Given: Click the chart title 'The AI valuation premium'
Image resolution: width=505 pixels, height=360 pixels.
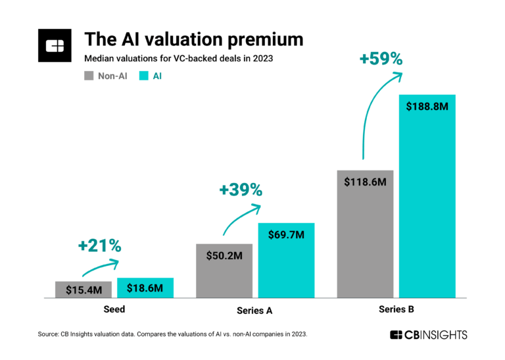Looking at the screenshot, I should (194, 39).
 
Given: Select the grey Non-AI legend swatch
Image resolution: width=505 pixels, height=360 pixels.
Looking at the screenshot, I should (91, 76).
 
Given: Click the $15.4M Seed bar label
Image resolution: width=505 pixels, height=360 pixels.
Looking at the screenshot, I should (84, 288).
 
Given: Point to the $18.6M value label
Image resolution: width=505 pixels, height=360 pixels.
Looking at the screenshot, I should (145, 288).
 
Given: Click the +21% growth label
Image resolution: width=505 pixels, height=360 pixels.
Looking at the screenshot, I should (99, 246).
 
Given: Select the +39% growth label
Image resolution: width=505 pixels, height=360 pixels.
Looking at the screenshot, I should (241, 190).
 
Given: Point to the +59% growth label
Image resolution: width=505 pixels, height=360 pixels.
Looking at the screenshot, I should (380, 59).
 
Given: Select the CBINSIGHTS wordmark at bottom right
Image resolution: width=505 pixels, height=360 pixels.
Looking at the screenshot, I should (428, 335).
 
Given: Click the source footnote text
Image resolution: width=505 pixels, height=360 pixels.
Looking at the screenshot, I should (172, 335).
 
